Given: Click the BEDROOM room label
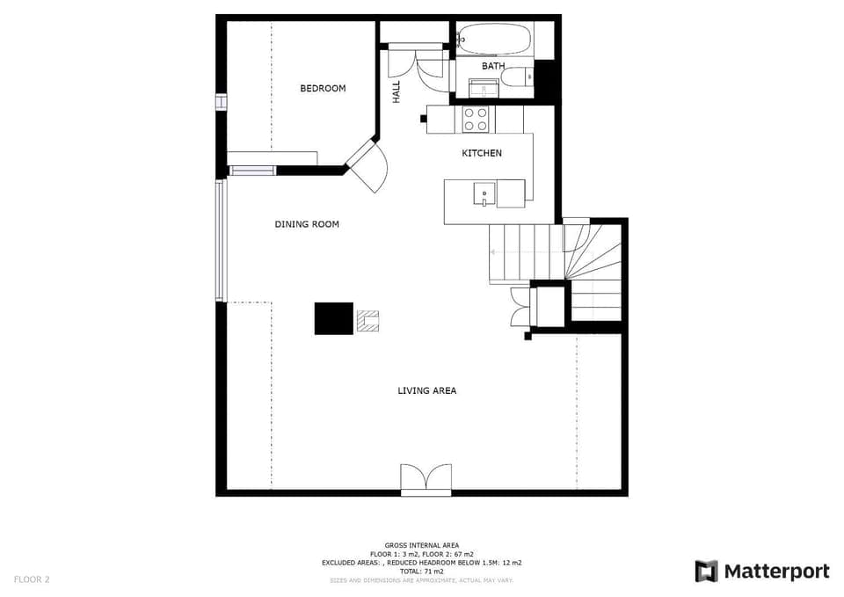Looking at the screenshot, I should pos(323,88).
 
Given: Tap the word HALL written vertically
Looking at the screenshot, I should pos(397,91).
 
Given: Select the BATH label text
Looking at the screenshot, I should pos(493,66).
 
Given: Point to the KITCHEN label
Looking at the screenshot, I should pos(482,153).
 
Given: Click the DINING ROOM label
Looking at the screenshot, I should pos(307,224).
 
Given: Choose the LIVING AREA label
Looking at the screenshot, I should pos(426,390).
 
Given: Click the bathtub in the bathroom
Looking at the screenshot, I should pos(494,40).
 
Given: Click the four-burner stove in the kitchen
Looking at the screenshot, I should pos(476,120).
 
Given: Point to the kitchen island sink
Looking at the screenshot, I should pos(484,193).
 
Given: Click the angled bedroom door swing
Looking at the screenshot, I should pos(368,167).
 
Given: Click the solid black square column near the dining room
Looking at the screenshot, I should pos(334,318).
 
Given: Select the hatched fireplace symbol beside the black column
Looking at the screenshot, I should pos(367,321).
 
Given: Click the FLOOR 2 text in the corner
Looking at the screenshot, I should pos(32,579).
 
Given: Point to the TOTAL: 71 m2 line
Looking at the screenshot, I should pos(421,572).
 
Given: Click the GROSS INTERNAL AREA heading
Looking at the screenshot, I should pos(421,545).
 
